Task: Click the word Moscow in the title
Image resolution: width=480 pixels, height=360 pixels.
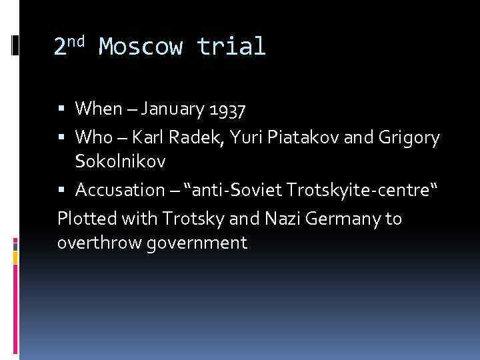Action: pos(141,47)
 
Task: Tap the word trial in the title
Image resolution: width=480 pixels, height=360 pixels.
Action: pos(231,47)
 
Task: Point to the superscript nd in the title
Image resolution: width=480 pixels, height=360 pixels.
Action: pos(78,41)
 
